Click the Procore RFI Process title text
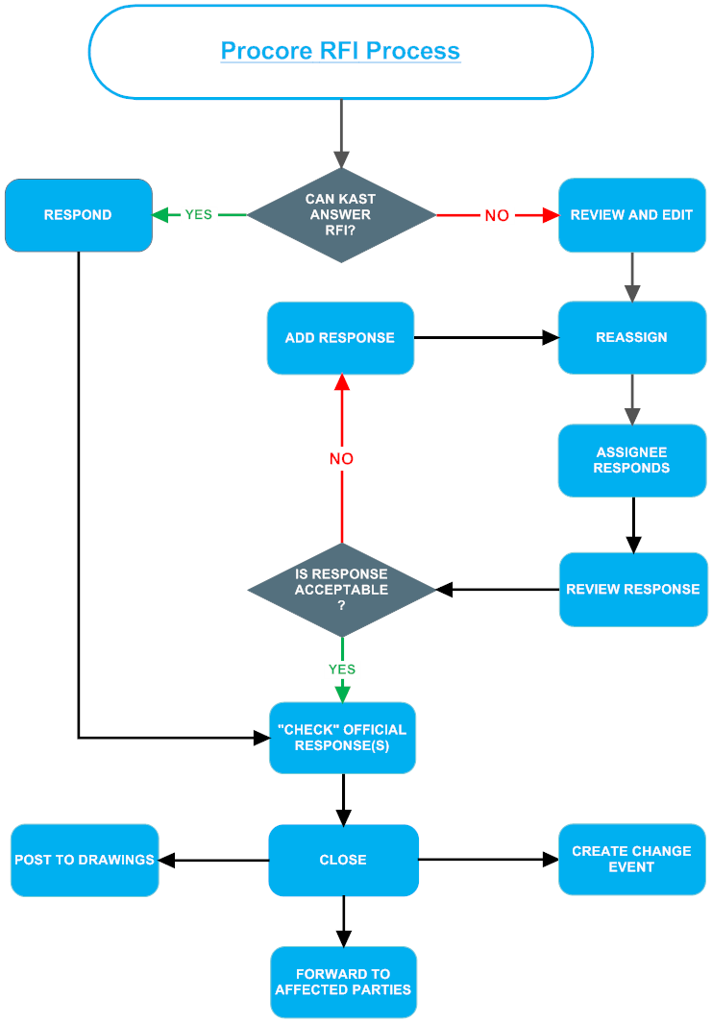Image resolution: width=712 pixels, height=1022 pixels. click(340, 51)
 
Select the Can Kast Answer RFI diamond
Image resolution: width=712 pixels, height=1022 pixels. click(341, 215)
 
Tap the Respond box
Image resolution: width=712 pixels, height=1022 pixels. click(78, 215)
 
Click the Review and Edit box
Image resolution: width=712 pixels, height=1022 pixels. click(631, 215)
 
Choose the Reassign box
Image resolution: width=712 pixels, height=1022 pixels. click(631, 338)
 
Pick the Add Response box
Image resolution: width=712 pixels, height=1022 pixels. click(340, 338)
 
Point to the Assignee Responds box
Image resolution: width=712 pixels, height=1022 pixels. click(631, 460)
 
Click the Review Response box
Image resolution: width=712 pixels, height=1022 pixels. click(632, 589)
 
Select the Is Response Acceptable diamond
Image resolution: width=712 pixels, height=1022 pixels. click(341, 589)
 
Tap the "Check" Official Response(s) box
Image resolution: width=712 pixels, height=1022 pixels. click(342, 738)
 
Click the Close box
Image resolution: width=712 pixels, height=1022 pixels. click(343, 860)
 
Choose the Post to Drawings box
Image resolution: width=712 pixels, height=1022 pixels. click(85, 860)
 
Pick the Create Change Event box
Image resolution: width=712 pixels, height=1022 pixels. click(631, 860)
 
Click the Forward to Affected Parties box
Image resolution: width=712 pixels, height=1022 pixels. click(343, 982)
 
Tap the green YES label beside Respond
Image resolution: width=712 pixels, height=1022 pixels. click(199, 215)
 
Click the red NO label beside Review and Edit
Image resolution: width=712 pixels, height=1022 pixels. click(497, 216)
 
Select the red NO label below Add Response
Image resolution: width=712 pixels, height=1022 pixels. click(341, 459)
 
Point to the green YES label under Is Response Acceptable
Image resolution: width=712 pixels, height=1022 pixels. click(341, 669)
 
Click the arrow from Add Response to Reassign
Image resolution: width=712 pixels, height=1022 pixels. click(485, 338)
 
